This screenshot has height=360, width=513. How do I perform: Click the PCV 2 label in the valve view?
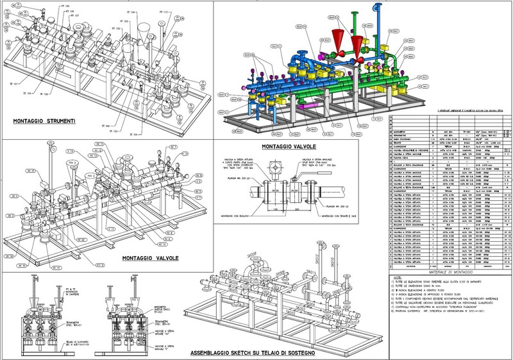[x=73, y=173]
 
